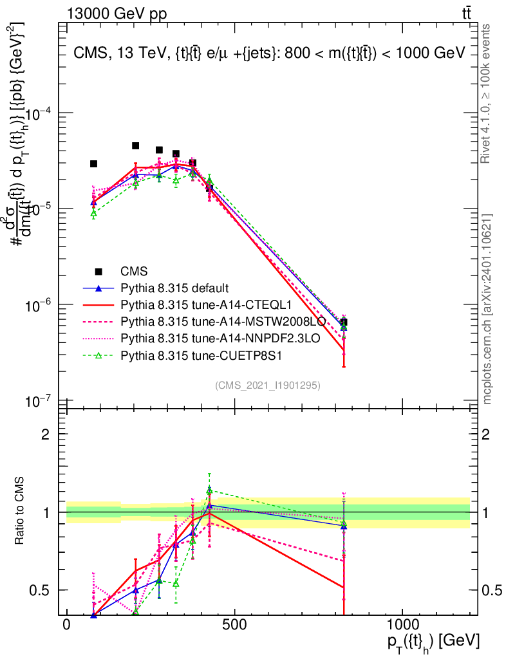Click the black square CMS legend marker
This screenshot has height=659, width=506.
point(98,271)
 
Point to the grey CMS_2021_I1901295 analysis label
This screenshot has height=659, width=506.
point(268,385)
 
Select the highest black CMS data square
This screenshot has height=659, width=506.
point(136,146)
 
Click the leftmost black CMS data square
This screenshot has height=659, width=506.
point(93,164)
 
